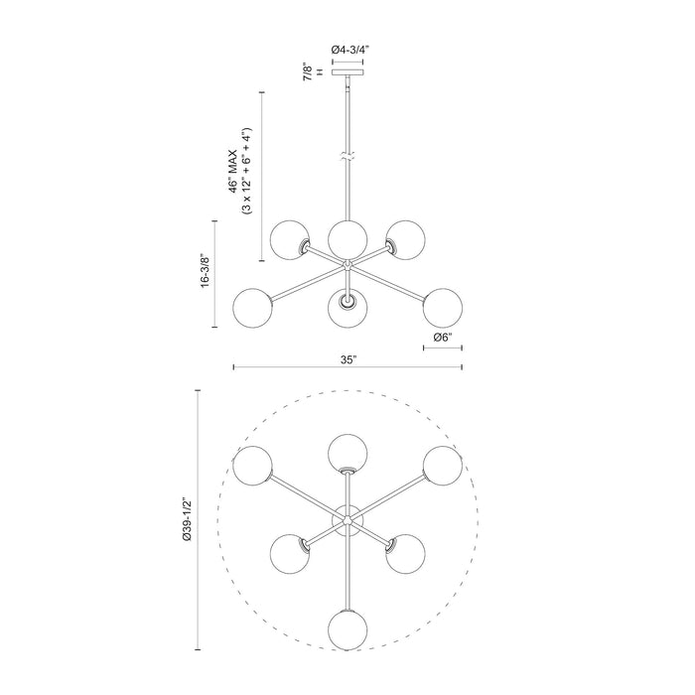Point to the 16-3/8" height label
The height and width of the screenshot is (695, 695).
click(x=206, y=269)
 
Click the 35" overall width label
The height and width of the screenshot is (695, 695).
click(x=347, y=359)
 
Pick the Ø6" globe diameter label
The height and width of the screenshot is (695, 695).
click(x=444, y=339)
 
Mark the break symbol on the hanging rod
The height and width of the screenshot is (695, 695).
click(x=347, y=157)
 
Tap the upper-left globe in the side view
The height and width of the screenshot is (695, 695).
click(x=291, y=238)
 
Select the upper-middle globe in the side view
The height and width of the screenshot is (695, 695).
click(x=347, y=237)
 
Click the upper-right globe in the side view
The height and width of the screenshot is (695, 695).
click(x=403, y=238)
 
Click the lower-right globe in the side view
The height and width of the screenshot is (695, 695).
click(x=442, y=306)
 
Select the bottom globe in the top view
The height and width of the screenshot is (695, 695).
click(x=347, y=629)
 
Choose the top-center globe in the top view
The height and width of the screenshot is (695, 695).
click(x=347, y=453)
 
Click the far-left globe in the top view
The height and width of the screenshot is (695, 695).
click(x=253, y=467)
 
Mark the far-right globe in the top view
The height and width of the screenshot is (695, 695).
click(x=443, y=466)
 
